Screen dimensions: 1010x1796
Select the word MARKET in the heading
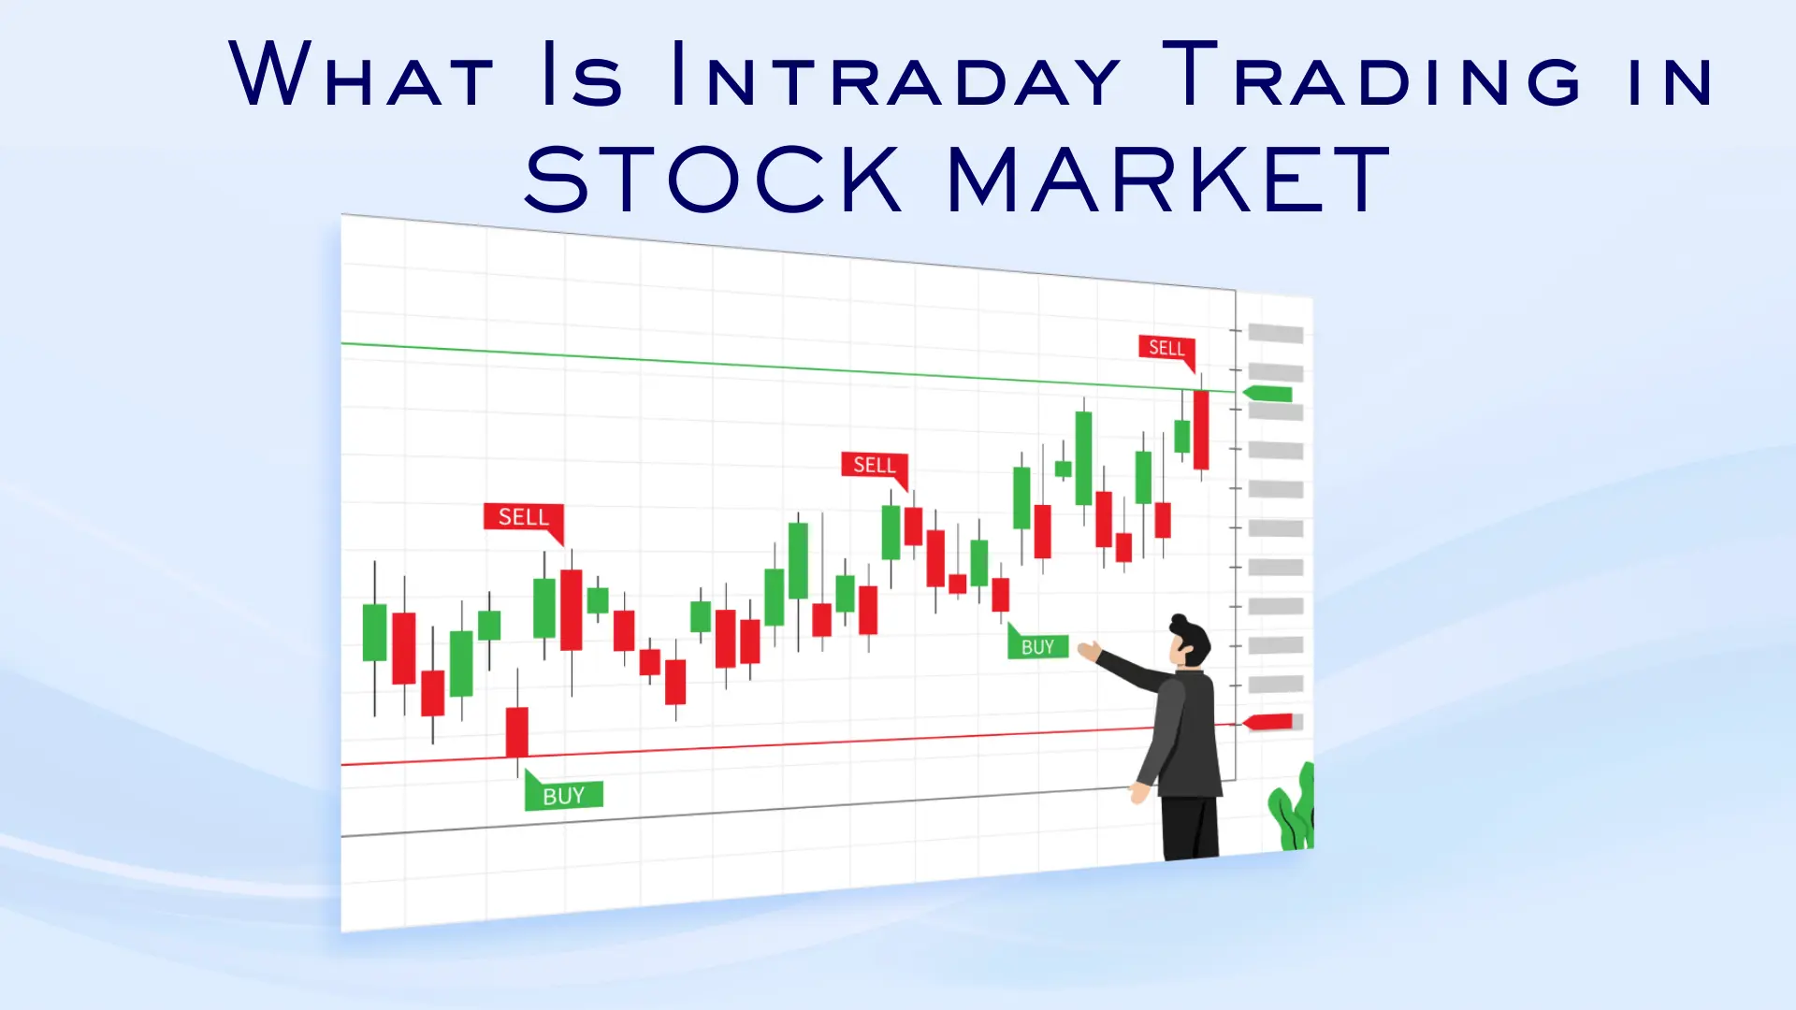(x=1168, y=179)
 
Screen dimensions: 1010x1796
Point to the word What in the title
(x=361, y=75)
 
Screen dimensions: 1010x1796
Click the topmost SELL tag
(x=1166, y=348)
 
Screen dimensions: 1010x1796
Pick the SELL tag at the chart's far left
(x=523, y=517)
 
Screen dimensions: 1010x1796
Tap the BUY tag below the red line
(x=563, y=796)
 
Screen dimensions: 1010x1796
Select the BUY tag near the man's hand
(x=1037, y=646)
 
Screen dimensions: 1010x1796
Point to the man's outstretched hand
(x=1089, y=650)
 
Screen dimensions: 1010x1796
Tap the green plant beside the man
(x=1294, y=810)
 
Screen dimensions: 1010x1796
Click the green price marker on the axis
(x=1268, y=394)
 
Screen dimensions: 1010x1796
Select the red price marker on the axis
(x=1269, y=722)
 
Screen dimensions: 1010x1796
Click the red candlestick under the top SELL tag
(x=1201, y=430)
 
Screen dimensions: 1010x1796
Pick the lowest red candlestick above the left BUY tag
(x=516, y=731)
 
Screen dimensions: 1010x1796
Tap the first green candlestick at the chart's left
(x=374, y=632)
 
